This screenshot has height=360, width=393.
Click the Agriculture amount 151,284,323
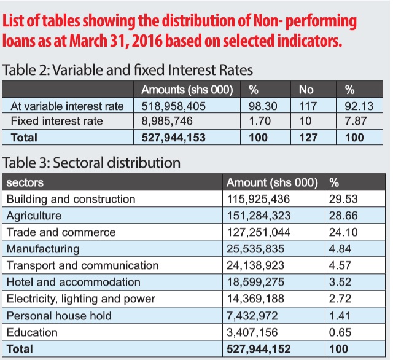[x=259, y=216]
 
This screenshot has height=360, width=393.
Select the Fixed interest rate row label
[x=57, y=121]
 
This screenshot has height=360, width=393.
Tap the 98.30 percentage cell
[x=263, y=106]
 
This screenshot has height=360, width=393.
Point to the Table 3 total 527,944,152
[x=259, y=349]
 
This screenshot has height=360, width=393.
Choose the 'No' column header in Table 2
[x=306, y=90]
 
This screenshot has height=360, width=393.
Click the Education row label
[x=32, y=332]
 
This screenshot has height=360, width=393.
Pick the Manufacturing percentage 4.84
[x=340, y=249]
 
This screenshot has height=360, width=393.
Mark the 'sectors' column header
[x=25, y=182]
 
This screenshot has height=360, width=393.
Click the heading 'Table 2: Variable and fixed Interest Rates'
[x=127, y=70]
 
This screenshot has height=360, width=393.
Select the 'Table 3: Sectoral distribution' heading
[x=91, y=163]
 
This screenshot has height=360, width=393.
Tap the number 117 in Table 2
[x=308, y=106]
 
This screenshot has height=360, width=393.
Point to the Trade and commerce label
[x=61, y=232]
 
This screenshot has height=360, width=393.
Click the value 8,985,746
[x=167, y=121]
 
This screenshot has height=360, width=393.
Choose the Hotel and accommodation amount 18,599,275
[x=255, y=282]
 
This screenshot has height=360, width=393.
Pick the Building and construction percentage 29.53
[x=343, y=199]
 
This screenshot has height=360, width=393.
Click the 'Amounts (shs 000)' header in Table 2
[x=187, y=90]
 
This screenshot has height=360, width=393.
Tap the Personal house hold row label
[x=59, y=316]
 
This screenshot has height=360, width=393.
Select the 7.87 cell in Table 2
[x=356, y=121]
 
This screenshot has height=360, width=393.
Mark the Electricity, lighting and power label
[x=81, y=299]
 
